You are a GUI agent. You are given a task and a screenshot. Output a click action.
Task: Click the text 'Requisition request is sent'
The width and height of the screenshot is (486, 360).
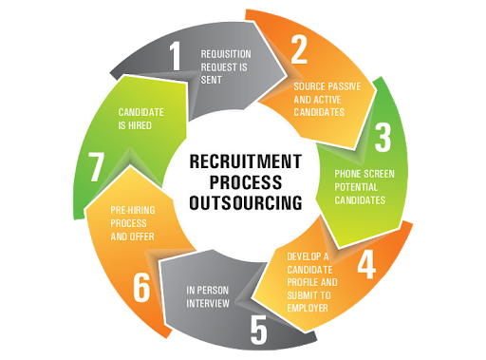[x=225, y=66]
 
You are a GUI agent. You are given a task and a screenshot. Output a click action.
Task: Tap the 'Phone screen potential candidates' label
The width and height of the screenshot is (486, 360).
[x=360, y=188]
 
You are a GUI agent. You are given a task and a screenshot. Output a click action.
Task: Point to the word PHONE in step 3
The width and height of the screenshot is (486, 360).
[x=347, y=175]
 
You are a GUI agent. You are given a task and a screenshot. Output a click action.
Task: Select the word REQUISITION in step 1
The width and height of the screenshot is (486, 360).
[x=226, y=53]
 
